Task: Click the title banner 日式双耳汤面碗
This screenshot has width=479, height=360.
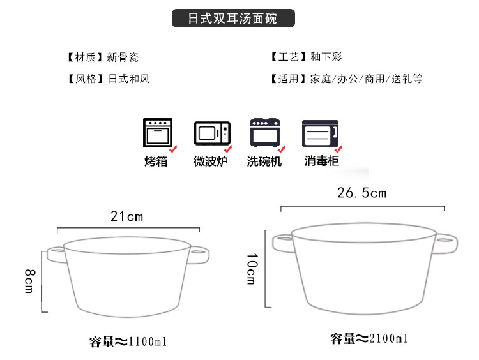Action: [233, 19]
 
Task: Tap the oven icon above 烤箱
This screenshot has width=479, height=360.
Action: [158, 133]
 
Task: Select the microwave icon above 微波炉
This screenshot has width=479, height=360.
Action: [212, 133]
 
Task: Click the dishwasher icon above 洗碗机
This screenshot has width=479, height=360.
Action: [265, 133]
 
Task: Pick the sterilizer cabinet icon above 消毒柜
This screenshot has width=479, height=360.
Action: [320, 133]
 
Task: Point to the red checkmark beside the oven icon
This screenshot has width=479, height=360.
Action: [173, 149]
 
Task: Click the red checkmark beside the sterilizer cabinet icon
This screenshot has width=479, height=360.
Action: [338, 149]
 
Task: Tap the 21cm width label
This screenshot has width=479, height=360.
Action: [127, 216]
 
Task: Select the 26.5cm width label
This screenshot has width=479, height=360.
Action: [361, 193]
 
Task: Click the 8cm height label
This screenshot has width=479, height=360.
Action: [29, 281]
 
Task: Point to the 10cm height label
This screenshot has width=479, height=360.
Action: [252, 269]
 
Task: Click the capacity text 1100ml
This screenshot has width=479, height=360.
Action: [148, 341]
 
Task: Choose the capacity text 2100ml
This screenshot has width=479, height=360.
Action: [388, 338]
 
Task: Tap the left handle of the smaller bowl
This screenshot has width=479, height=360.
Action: [56, 255]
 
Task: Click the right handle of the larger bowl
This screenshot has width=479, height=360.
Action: [445, 243]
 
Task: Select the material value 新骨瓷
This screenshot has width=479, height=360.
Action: [123, 57]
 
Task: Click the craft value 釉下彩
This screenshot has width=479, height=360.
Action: [326, 57]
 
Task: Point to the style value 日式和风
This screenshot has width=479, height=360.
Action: [129, 79]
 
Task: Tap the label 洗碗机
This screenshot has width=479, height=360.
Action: [264, 161]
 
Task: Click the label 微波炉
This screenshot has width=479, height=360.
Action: [211, 161]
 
